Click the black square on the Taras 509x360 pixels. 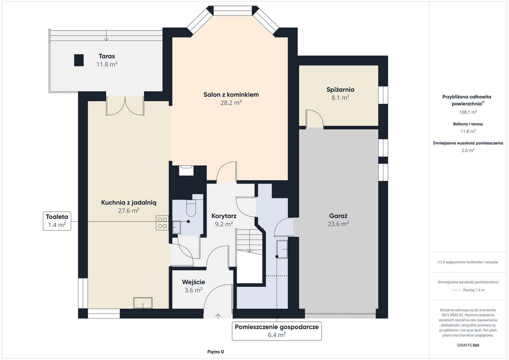click(x=79, y=60)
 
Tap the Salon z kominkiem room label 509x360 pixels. click(x=231, y=95)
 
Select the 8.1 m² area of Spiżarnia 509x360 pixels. click(x=340, y=98)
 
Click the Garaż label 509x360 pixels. click(x=338, y=216)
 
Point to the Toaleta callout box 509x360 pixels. click(x=57, y=221)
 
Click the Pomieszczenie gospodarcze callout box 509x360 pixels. click(x=277, y=331)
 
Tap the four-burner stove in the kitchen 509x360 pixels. click(x=162, y=223)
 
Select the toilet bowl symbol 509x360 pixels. click(x=191, y=208)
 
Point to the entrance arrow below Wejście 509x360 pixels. click(x=218, y=316)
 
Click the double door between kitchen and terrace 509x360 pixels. click(x=125, y=106)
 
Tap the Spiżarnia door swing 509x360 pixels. click(x=315, y=118)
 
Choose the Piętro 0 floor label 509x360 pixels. click(x=216, y=352)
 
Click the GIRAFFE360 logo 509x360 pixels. click(x=468, y=345)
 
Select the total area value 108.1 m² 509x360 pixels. click(x=468, y=112)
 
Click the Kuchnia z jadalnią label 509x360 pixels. click(x=128, y=202)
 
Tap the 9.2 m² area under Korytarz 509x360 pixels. click(x=224, y=224)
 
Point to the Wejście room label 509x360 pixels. click(x=193, y=282)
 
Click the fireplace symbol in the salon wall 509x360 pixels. click(x=186, y=171)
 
